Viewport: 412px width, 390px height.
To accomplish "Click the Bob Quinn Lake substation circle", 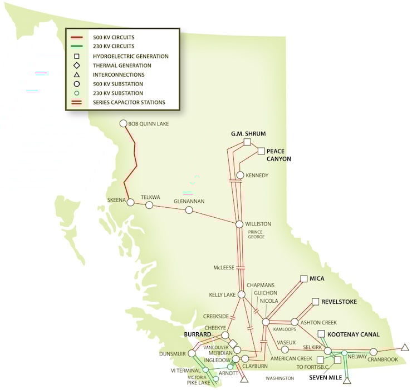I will click(x=124, y=124).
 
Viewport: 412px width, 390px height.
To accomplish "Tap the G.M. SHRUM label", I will click(x=248, y=134).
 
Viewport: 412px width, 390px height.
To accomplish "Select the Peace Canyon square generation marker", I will click(x=260, y=151).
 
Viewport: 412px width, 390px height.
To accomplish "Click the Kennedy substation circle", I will click(x=240, y=176).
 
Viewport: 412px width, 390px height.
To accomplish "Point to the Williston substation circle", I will click(x=239, y=224).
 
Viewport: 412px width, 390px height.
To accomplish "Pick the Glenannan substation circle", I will click(x=189, y=210).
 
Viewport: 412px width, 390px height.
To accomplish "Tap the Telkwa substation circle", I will click(x=149, y=205).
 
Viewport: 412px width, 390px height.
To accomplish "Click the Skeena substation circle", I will click(x=130, y=203).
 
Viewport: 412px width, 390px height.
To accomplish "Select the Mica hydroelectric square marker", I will click(x=303, y=278).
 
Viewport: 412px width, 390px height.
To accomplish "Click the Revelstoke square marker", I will click(x=315, y=302).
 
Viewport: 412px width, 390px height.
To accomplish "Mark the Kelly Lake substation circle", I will click(x=242, y=294).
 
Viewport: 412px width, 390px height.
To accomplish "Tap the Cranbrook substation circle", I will click(x=373, y=352).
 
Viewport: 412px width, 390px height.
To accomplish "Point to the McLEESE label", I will click(x=224, y=267).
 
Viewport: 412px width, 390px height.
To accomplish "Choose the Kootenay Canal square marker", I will click(x=321, y=334).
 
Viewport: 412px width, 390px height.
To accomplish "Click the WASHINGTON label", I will click(x=279, y=378).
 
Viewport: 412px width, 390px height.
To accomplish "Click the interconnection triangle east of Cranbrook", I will click(x=405, y=348).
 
